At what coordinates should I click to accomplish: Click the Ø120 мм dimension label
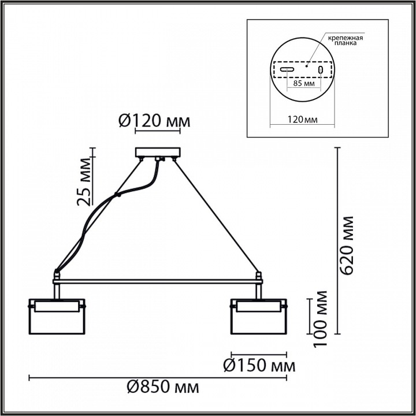[154, 121]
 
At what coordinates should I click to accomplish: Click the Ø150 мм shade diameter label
[259, 366]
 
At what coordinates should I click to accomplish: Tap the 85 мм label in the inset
[304, 84]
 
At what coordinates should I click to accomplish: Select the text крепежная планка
[345, 40]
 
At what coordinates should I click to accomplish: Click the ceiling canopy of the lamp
[157, 153]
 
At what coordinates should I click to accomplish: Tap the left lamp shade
[57, 317]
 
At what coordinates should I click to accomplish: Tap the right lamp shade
[258, 317]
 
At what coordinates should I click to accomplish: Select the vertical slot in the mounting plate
[321, 69]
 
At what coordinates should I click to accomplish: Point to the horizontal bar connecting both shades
[157, 281]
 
